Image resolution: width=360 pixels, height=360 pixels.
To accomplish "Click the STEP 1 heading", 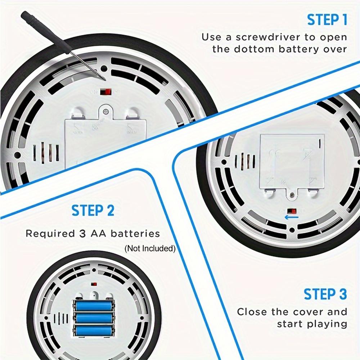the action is (x=327, y=20).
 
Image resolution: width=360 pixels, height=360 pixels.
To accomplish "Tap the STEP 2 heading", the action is (x=93, y=210).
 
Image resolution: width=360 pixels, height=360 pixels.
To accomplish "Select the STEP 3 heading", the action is (x=325, y=294).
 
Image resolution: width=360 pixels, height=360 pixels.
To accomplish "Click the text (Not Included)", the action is (x=150, y=248).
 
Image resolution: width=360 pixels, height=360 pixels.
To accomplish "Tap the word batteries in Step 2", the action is (x=135, y=234).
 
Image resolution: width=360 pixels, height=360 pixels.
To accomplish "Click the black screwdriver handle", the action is (x=46, y=33).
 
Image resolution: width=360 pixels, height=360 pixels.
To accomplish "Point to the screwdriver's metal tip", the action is (x=105, y=79).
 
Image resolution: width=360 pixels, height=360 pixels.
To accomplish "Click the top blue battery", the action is (x=94, y=306).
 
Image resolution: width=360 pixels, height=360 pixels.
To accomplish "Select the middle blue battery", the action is (x=94, y=318).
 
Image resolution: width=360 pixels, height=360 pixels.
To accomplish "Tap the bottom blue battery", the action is (x=94, y=330).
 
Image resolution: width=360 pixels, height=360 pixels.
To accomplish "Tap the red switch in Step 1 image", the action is (x=105, y=92).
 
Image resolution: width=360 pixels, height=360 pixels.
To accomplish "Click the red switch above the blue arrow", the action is (x=292, y=211).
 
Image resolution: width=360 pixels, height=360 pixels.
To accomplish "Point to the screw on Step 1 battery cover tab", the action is (x=105, y=112).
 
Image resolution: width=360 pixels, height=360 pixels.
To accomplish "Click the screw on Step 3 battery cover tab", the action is (x=292, y=195).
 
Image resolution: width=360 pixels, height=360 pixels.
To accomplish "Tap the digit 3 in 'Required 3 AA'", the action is (x=82, y=234).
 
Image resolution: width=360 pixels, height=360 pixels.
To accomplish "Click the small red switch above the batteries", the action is (x=94, y=284).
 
